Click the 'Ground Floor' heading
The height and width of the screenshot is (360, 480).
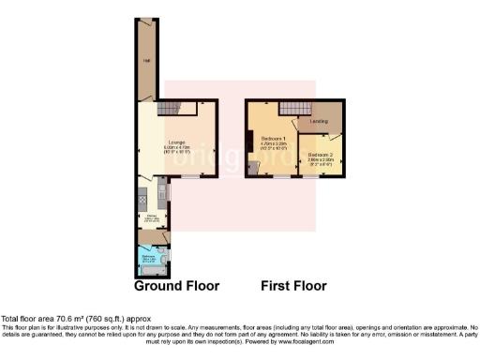176,285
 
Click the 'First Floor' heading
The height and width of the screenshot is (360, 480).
292,285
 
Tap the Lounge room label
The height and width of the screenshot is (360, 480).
175,144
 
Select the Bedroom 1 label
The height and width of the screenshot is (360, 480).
271,140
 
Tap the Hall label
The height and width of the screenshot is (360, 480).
146,65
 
